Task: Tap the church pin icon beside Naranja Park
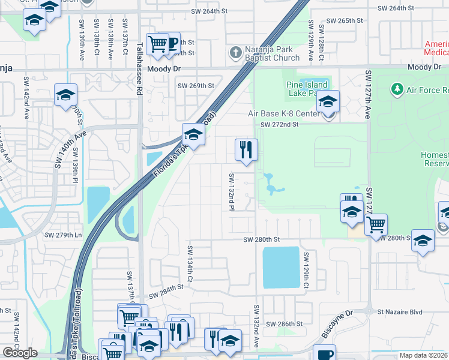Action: click(x=235, y=53)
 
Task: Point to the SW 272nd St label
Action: click(x=279, y=124)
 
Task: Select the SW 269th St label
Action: click(x=196, y=86)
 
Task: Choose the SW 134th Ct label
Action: click(x=189, y=264)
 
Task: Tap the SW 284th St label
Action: click(x=166, y=290)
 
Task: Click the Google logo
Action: click(x=20, y=353)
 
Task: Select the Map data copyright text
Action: click(x=424, y=355)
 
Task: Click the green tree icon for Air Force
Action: click(x=397, y=90)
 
